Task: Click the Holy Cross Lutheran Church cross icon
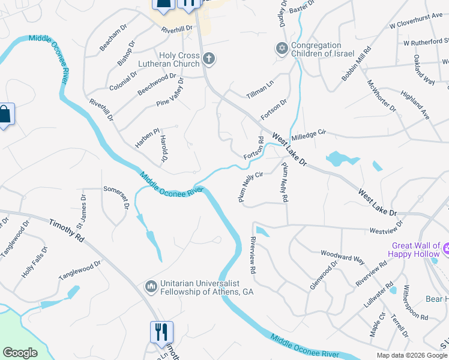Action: (x=208, y=58)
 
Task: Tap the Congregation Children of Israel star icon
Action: (x=281, y=48)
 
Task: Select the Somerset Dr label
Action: (x=116, y=196)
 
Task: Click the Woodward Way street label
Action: (x=342, y=256)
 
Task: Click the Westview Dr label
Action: (x=386, y=227)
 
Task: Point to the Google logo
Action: (x=20, y=353)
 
